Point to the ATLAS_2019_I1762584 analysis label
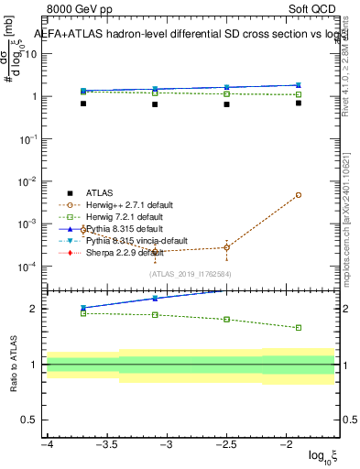[190, 273]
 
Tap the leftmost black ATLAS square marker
[83, 104]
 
